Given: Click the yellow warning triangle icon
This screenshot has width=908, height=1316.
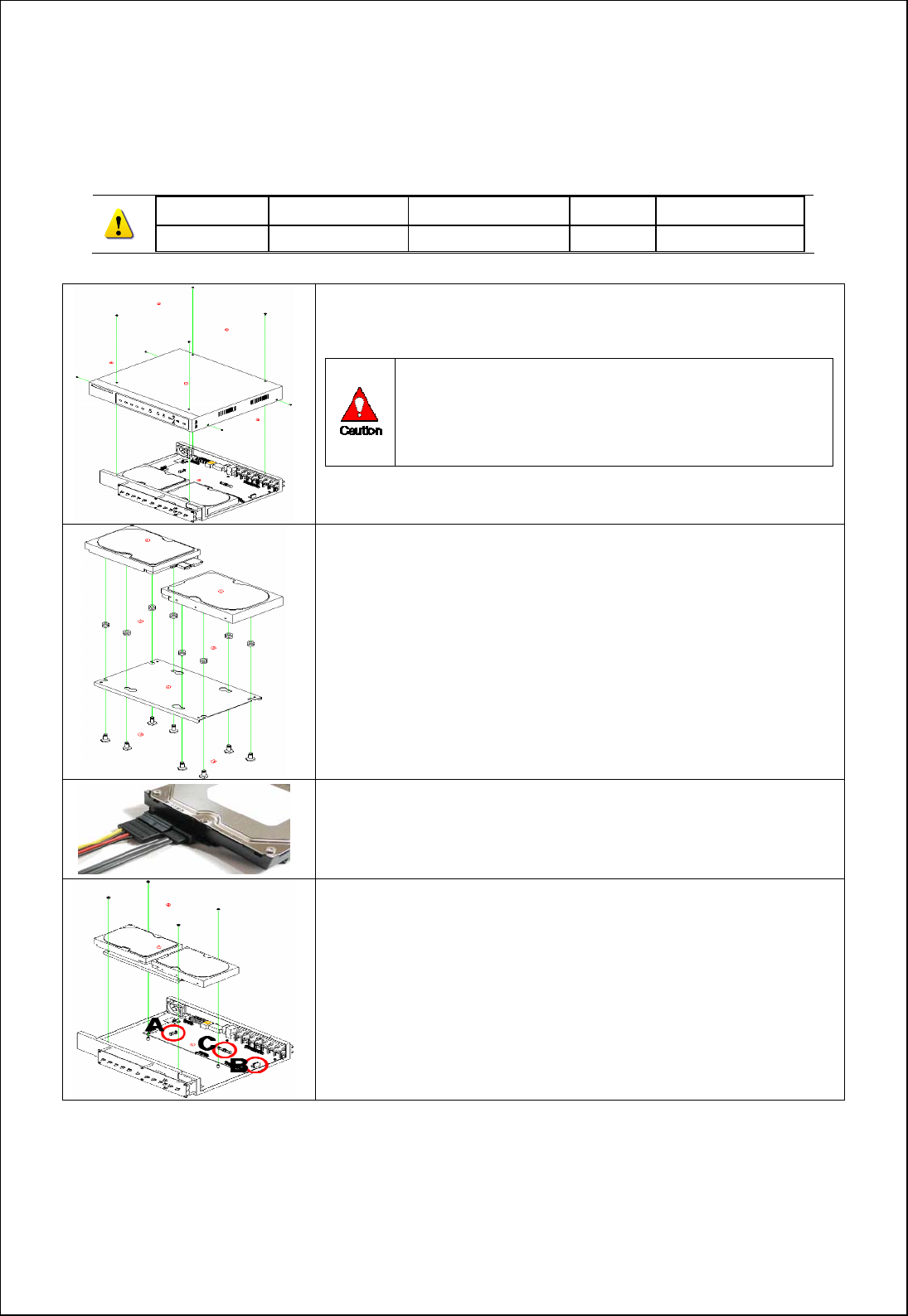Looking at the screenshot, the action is tap(119, 224).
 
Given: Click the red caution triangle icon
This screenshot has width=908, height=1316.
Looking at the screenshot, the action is tap(359, 405).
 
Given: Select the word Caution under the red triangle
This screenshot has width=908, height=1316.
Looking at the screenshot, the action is tap(361, 431).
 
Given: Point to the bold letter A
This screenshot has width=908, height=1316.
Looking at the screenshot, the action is tap(154, 1026).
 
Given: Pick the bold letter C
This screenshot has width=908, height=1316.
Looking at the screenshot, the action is tap(206, 1044).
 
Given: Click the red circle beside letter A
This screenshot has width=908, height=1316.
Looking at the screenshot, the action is tap(173, 1033).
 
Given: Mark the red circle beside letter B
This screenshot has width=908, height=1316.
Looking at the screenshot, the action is tap(257, 1064).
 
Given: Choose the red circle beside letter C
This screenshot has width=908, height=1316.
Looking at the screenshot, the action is tap(225, 1049).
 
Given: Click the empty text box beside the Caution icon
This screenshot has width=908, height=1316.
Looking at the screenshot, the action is tap(614, 412).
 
